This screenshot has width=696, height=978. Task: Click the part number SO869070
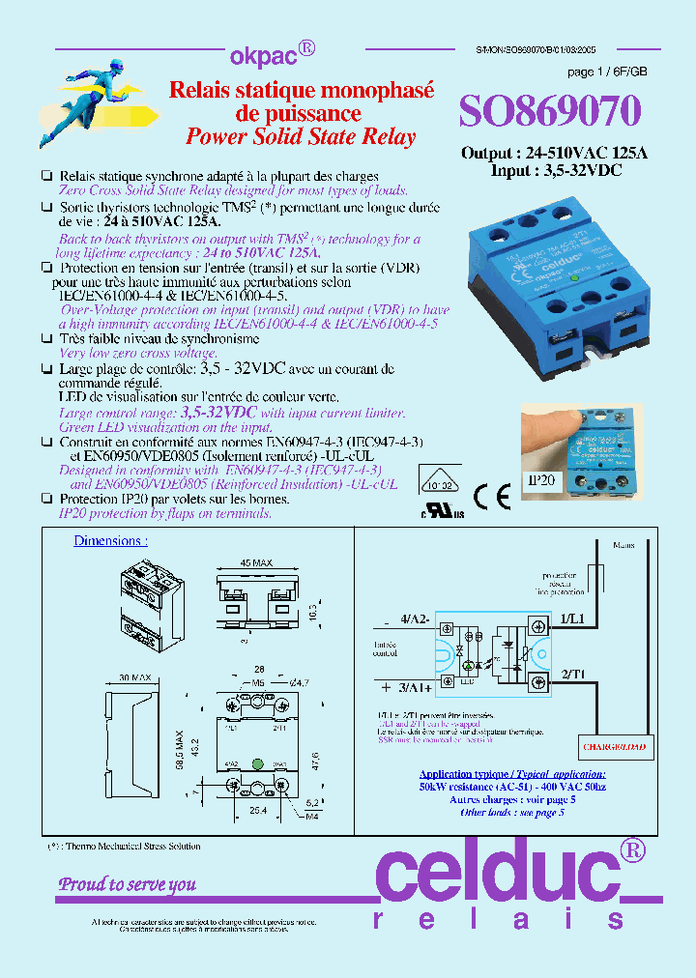click(x=549, y=113)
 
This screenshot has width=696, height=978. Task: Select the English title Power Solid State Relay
click(x=301, y=136)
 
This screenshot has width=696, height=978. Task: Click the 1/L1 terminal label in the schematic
click(x=570, y=618)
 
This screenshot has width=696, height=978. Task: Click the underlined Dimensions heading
click(x=110, y=541)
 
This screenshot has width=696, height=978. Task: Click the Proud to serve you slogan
click(x=128, y=883)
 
